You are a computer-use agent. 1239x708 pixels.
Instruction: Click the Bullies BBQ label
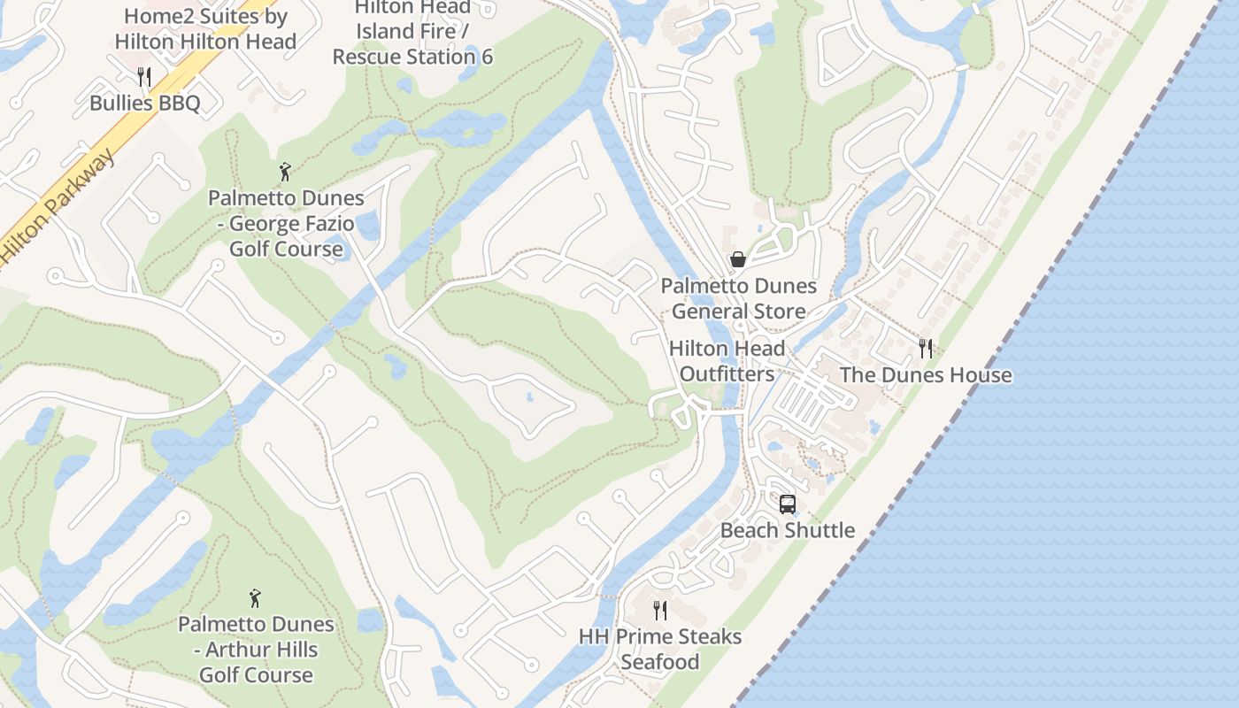145,103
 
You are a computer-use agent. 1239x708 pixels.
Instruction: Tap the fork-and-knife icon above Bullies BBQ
145,77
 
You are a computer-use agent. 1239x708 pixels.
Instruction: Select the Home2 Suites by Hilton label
205,28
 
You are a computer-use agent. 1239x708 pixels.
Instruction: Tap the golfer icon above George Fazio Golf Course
285,172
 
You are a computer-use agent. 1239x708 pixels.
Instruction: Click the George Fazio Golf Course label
286,223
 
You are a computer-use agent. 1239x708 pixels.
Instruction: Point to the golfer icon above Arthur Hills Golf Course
256,599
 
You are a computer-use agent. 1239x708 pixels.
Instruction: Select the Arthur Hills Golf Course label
256,649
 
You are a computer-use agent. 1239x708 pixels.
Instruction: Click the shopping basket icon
737,259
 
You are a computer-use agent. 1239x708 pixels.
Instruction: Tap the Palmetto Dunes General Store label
738,298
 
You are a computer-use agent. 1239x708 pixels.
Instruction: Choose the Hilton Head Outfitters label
727,361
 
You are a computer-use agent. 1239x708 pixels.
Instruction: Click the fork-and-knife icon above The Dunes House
926,349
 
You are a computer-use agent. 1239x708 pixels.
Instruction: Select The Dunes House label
925,374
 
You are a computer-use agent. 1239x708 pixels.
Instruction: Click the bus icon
787,504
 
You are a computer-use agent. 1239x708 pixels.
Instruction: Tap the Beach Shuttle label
787,530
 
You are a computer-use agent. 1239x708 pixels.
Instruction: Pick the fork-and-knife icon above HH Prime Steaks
660,610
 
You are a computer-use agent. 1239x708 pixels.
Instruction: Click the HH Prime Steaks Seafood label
660,649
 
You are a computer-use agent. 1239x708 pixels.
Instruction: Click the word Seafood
660,662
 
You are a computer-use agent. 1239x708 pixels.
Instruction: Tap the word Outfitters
727,374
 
